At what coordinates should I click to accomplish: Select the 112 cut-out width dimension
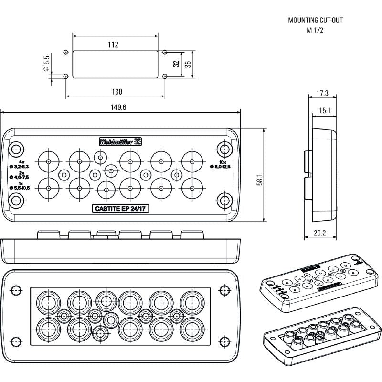113,44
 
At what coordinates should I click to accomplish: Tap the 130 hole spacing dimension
117,91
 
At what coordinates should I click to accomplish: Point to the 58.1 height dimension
273,176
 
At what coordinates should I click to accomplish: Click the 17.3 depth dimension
323,93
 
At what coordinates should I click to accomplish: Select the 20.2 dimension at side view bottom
321,233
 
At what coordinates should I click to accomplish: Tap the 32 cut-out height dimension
176,64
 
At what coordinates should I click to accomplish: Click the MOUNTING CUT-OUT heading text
315,21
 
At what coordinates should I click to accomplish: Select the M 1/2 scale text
315,31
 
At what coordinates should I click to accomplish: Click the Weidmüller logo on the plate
120,141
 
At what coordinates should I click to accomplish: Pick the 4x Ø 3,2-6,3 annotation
19,164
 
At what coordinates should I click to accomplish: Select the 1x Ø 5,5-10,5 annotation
19,186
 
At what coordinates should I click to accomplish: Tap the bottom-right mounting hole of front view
223,200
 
